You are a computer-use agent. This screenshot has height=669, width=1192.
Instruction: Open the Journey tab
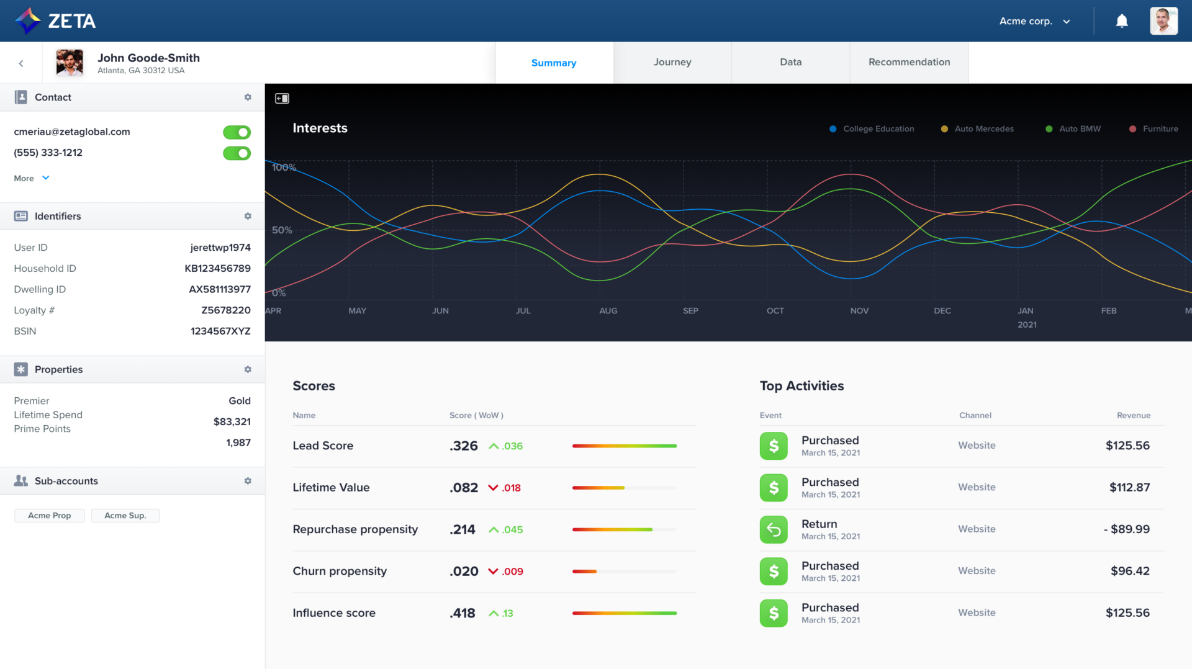pos(672,62)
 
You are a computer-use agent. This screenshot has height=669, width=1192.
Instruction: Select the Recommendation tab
pos(909,62)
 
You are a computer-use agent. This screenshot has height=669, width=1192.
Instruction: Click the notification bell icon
pos(1122,21)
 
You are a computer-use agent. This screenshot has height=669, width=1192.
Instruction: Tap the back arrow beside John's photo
pos(21,63)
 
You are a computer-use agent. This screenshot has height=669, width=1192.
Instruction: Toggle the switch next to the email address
pos(237,132)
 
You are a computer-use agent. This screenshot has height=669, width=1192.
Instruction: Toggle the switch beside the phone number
pos(237,153)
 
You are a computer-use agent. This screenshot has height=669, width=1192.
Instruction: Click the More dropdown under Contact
pos(31,178)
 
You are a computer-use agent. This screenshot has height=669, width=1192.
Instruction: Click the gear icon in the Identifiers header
pos(248,216)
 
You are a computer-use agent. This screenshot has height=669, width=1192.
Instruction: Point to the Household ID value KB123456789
pos(217,268)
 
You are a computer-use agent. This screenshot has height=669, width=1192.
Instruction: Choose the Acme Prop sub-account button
pos(50,516)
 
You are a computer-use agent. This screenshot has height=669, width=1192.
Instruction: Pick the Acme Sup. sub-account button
pos(125,516)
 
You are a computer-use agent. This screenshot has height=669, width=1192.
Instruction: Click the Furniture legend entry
pos(1154,129)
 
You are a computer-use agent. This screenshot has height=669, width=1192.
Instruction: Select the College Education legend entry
pos(872,129)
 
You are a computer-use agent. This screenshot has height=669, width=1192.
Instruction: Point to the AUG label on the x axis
pos(608,310)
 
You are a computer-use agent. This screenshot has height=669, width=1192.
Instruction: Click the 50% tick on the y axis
pos(282,230)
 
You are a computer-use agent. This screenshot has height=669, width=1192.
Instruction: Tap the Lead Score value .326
pos(464,446)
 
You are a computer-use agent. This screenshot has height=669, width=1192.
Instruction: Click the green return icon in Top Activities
pos(774,529)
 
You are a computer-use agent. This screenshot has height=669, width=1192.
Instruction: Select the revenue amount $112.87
pos(1129,487)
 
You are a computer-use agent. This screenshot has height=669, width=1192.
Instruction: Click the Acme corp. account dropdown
pos(1034,21)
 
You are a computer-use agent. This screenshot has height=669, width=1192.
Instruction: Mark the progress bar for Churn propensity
pos(624,571)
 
